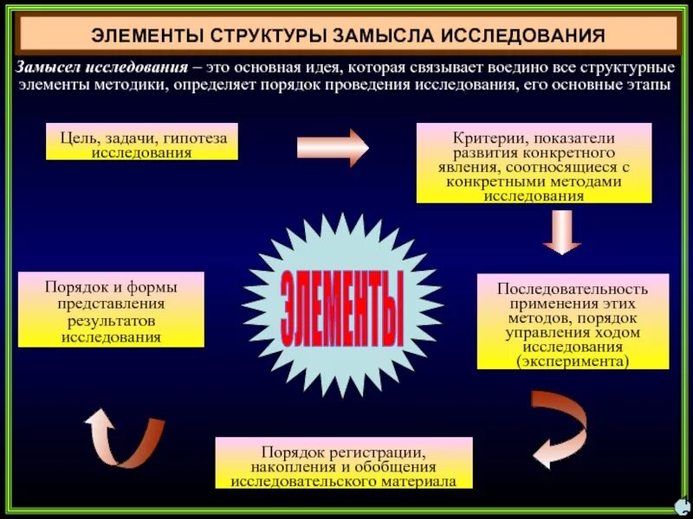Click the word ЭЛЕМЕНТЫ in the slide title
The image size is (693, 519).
point(146,36)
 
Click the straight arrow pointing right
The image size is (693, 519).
point(333,146)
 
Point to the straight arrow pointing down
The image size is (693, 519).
point(562,231)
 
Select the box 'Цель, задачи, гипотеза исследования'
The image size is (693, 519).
point(142,142)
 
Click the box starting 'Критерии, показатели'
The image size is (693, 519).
point(534,163)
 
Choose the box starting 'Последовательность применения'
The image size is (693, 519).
point(573,321)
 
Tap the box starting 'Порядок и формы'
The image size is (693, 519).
point(111,309)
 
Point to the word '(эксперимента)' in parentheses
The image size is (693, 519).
point(573,360)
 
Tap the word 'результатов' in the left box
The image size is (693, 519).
point(111,320)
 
